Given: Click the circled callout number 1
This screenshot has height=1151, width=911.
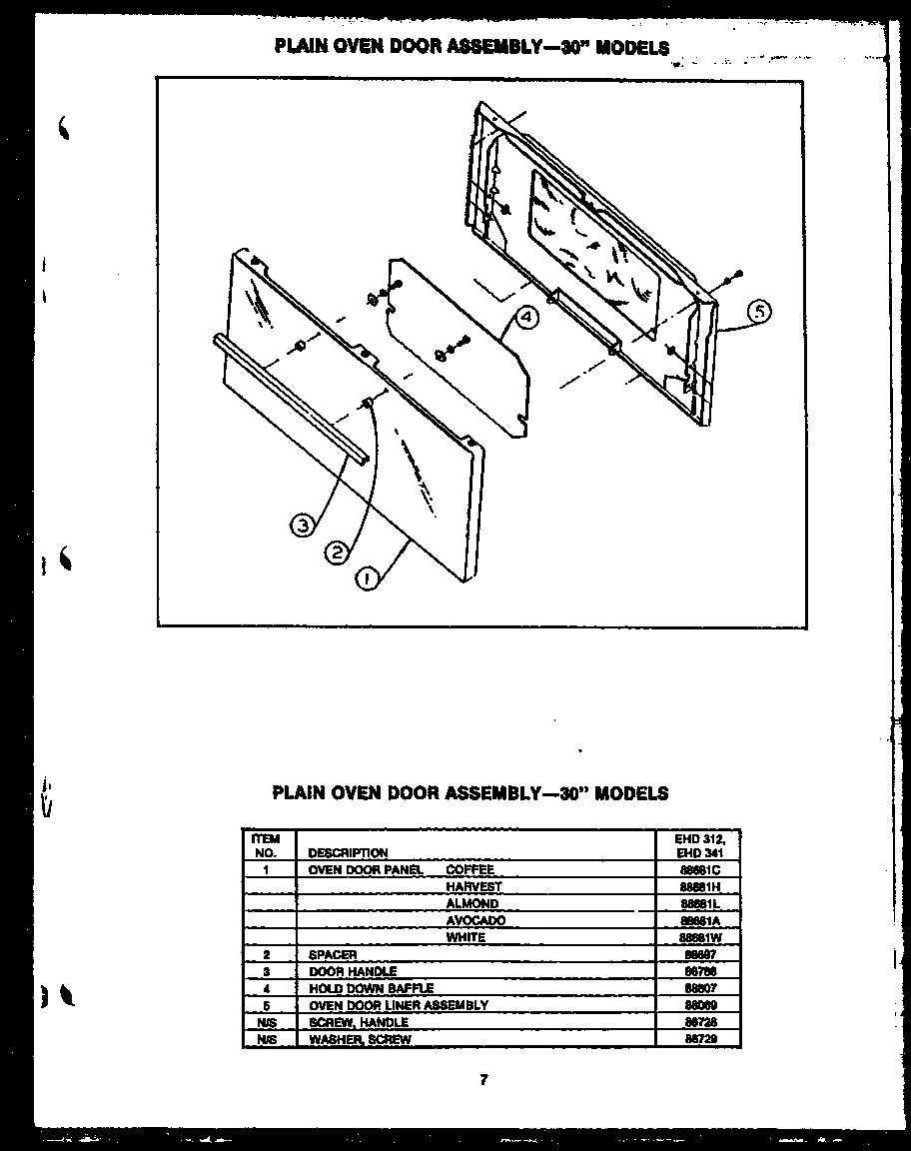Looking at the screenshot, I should (368, 578).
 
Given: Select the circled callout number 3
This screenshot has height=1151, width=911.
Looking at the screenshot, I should (303, 524).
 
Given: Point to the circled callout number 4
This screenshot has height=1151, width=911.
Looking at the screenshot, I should (526, 318).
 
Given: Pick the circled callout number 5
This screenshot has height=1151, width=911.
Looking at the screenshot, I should (759, 312).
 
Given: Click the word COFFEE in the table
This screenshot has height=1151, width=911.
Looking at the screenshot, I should (469, 870).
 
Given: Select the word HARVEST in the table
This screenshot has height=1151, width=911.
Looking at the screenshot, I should (473, 887).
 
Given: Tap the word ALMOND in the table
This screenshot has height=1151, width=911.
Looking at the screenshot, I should (471, 904).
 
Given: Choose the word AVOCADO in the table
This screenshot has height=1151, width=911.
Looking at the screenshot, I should (475, 921).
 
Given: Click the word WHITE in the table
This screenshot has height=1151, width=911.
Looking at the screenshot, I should (465, 938).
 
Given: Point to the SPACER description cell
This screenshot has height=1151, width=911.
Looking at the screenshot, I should (333, 955).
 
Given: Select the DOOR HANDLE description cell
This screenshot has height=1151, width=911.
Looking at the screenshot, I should (353, 972).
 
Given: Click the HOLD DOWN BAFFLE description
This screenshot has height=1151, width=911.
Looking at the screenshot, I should (371, 989).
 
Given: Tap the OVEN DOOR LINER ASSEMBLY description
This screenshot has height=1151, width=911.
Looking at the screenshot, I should (399, 1006).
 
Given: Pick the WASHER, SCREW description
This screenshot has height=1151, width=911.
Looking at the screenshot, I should (360, 1040).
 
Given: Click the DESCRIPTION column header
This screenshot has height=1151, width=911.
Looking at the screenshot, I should (348, 853).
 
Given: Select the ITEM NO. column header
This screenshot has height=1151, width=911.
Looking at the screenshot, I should (266, 845).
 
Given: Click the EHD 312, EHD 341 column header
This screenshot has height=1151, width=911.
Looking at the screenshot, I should (699, 846).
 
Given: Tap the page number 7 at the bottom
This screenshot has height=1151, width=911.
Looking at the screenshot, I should (483, 1079).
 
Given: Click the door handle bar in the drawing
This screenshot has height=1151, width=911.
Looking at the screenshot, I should (290, 399).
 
